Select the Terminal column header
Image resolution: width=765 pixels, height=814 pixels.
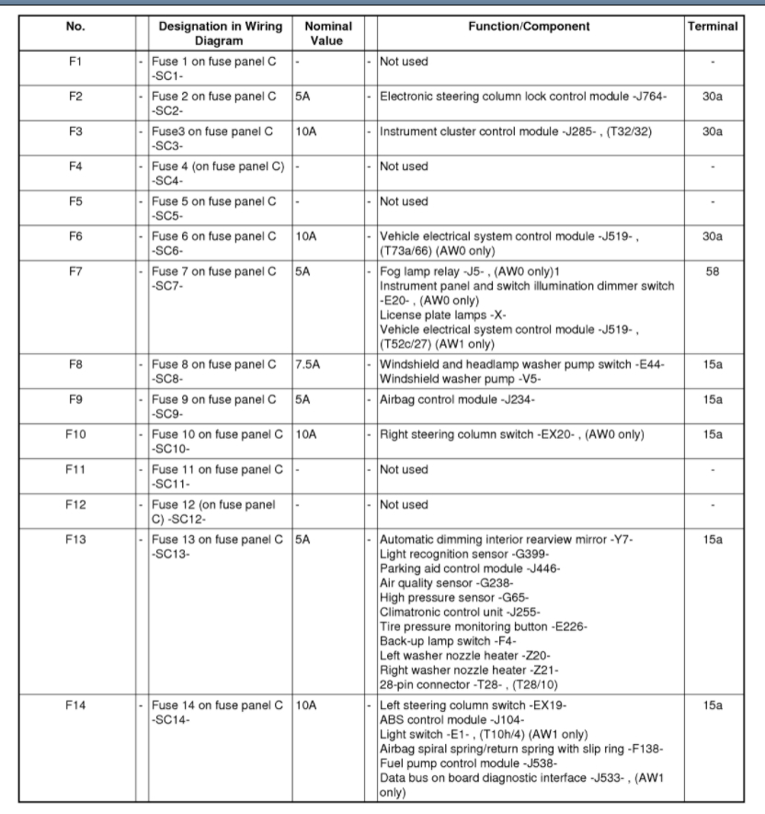(x=712, y=27)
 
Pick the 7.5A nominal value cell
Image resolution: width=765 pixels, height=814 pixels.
(x=306, y=364)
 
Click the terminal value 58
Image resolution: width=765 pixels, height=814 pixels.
(x=712, y=273)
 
